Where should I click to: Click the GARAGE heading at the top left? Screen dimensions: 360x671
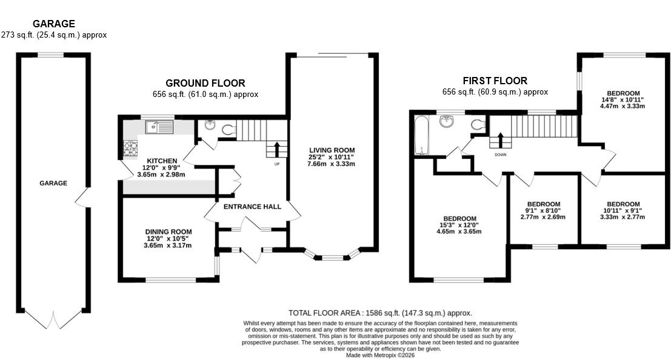pos(54,24)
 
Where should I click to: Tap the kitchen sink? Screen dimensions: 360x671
pos(159,127)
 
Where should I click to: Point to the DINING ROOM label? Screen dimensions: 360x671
pos(168,232)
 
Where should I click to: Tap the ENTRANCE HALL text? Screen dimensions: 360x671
pos(252,207)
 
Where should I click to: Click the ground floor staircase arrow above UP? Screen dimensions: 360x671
pos(276,148)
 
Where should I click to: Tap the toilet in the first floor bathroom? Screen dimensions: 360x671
pos(478,125)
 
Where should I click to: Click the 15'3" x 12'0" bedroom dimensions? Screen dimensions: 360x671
pos(459,225)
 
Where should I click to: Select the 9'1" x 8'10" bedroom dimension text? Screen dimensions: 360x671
pos(543,211)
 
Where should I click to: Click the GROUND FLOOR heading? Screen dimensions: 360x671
pos(205,83)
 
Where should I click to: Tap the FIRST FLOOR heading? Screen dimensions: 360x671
pos(495,80)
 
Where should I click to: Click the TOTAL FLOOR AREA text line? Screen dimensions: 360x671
pos(379,313)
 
